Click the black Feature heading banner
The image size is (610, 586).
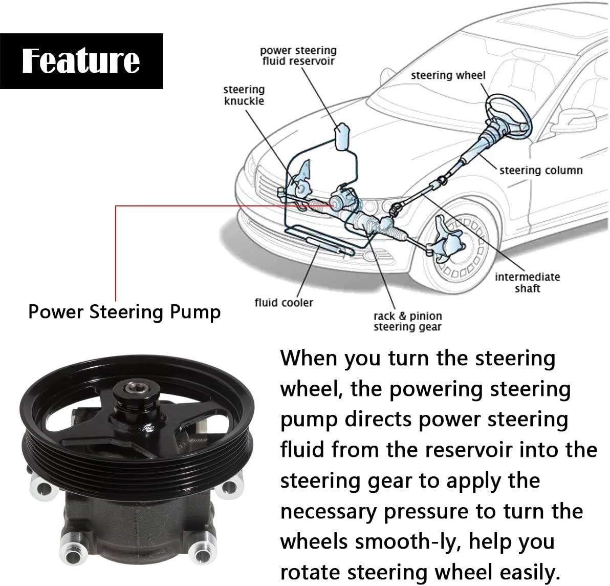click(x=81, y=61)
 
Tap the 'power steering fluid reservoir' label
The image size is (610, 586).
click(x=298, y=56)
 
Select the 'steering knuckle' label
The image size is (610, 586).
click(x=244, y=95)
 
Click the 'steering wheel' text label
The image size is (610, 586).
click(x=448, y=75)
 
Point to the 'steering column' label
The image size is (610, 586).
click(x=540, y=170)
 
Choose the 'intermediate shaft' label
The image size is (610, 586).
click(x=527, y=283)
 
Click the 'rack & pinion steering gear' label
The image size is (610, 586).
click(x=407, y=321)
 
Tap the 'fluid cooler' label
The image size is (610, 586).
click(x=284, y=303)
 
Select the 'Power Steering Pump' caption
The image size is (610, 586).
click(x=124, y=311)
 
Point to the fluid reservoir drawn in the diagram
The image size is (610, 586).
click(x=341, y=135)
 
